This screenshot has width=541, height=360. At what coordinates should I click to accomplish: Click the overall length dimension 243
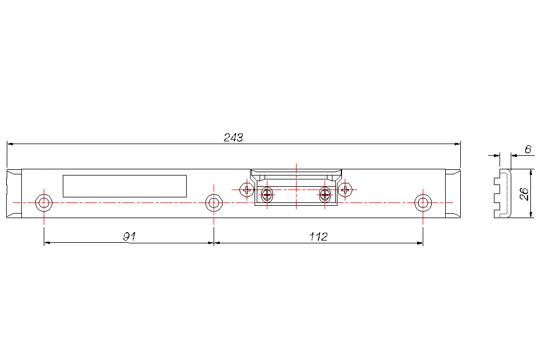point(233,137)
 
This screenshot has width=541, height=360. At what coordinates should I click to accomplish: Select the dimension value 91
point(130,237)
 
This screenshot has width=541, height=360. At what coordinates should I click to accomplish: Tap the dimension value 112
point(318,237)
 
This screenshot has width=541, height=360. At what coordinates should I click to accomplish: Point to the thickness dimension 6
point(528,149)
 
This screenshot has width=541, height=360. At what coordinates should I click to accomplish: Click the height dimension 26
point(524,193)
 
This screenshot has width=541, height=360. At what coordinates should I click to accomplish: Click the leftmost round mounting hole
point(44,202)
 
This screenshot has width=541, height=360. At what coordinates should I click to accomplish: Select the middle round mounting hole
point(214,202)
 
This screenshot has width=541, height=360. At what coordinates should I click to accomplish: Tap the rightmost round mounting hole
point(423,202)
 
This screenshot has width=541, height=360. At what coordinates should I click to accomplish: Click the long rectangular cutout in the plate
point(124,186)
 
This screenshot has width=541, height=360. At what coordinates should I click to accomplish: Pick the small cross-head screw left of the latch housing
point(247,190)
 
